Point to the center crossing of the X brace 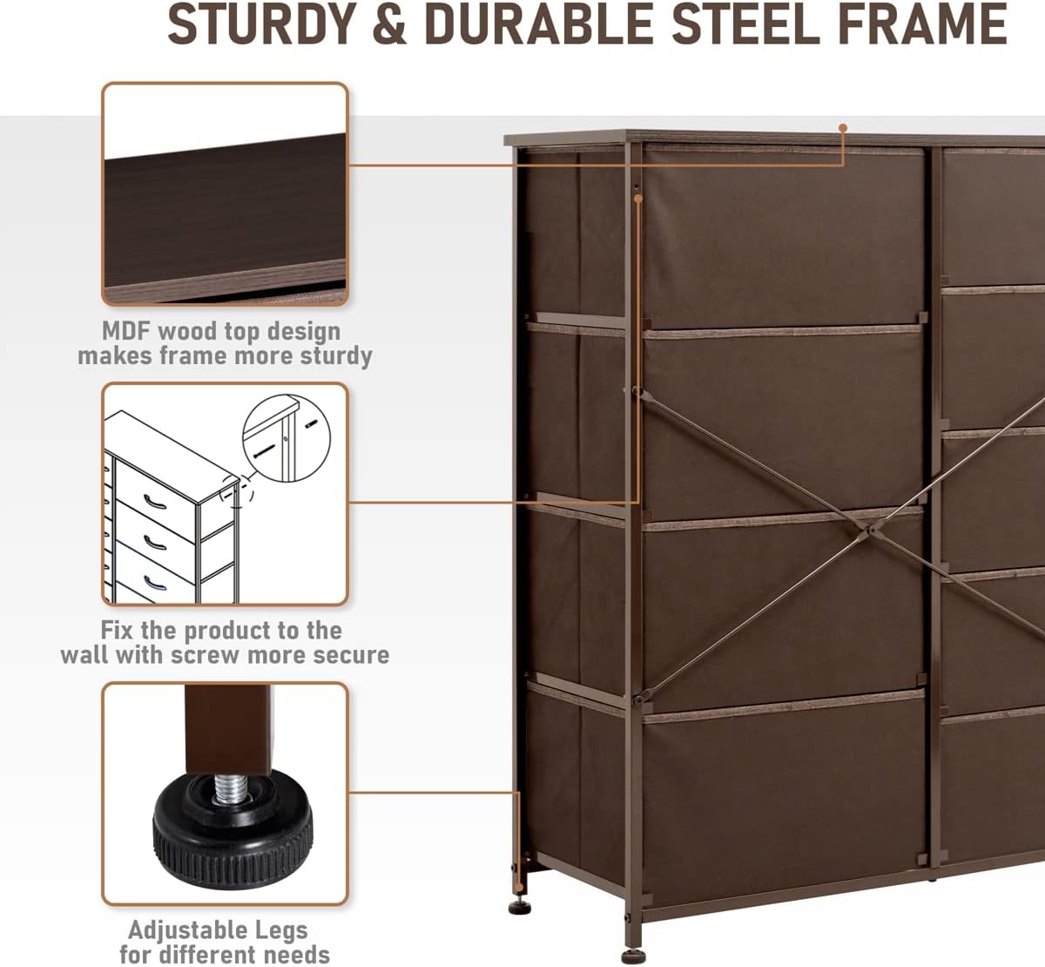(x=870, y=530)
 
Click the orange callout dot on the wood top (x=843, y=128)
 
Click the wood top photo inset (x=226, y=193)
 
